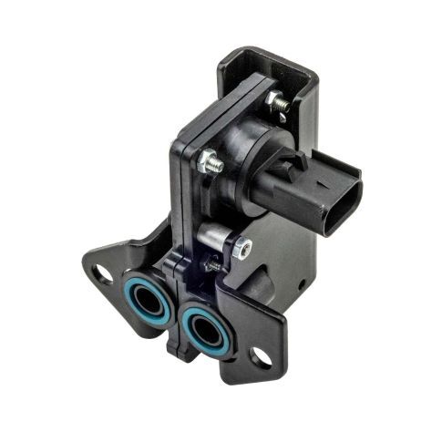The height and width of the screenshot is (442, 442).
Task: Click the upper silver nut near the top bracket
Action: (278, 103)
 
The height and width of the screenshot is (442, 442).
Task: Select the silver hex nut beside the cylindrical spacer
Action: (242, 246)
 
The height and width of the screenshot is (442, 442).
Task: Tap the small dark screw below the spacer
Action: (212, 265)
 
